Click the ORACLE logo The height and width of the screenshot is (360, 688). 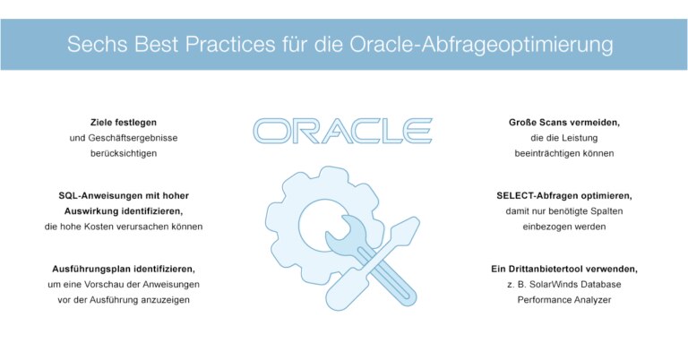tap(343, 131)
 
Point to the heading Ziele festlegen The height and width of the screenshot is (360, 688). tap(124, 121)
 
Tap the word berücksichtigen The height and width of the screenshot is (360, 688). tap(124, 153)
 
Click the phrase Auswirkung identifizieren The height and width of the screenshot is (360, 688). tap(124, 210)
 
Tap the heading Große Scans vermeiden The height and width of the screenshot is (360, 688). tap(564, 121)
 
